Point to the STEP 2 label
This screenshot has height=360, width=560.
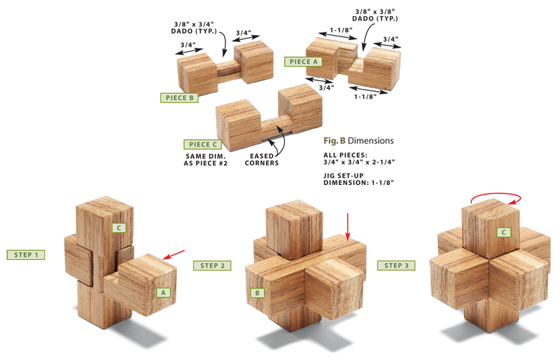click(211, 265)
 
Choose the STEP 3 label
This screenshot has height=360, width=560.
click(396, 265)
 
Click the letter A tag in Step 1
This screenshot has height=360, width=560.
click(164, 292)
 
